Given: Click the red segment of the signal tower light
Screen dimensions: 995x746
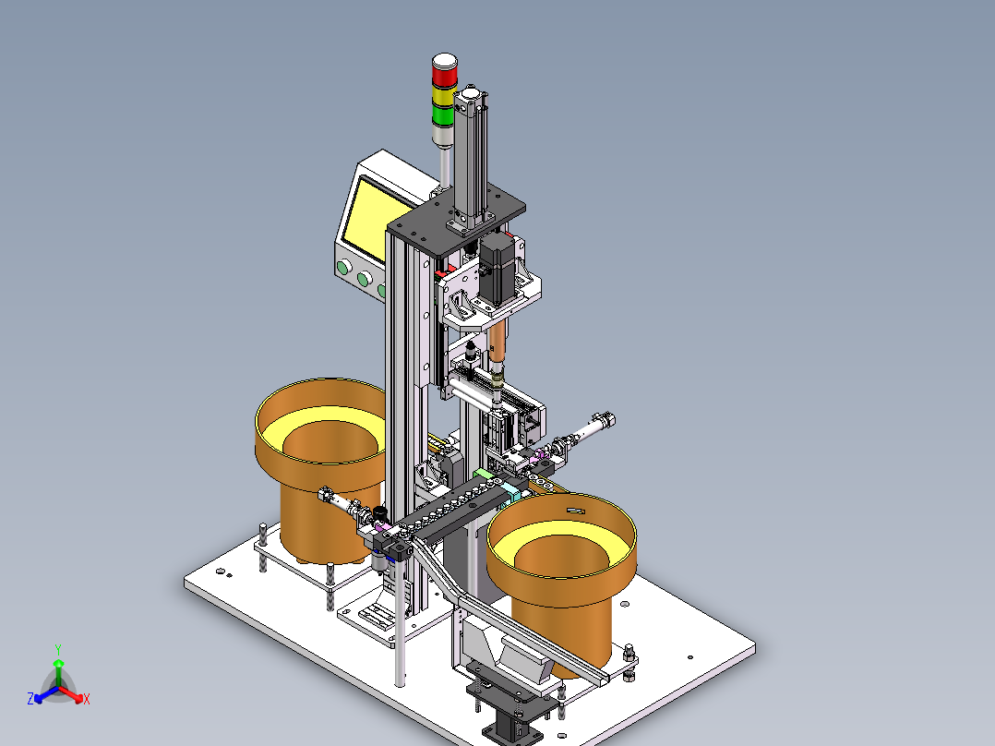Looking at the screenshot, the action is pos(444,75).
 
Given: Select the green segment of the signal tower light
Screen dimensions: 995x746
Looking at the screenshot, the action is pos(444,116).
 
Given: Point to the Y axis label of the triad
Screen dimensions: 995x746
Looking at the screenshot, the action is pos(58,649).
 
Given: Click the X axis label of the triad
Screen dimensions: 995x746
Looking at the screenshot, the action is pos(87,699).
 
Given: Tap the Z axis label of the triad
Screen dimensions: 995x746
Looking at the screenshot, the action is pos(30,698).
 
